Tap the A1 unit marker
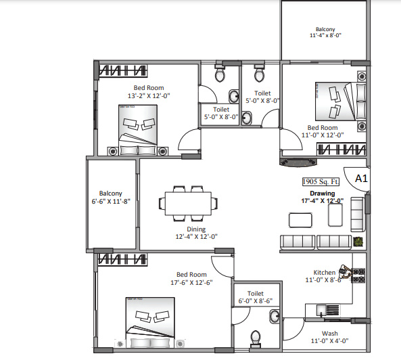pos(360,179)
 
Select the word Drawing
pos(323,194)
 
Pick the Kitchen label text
pos(325,273)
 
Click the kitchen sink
pos(329,310)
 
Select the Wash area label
pos(329,334)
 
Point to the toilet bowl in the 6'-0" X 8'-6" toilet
pos(256,338)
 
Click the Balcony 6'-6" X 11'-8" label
pos(110,197)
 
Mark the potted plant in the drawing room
pos(358,241)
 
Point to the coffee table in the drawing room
pos(300,220)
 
